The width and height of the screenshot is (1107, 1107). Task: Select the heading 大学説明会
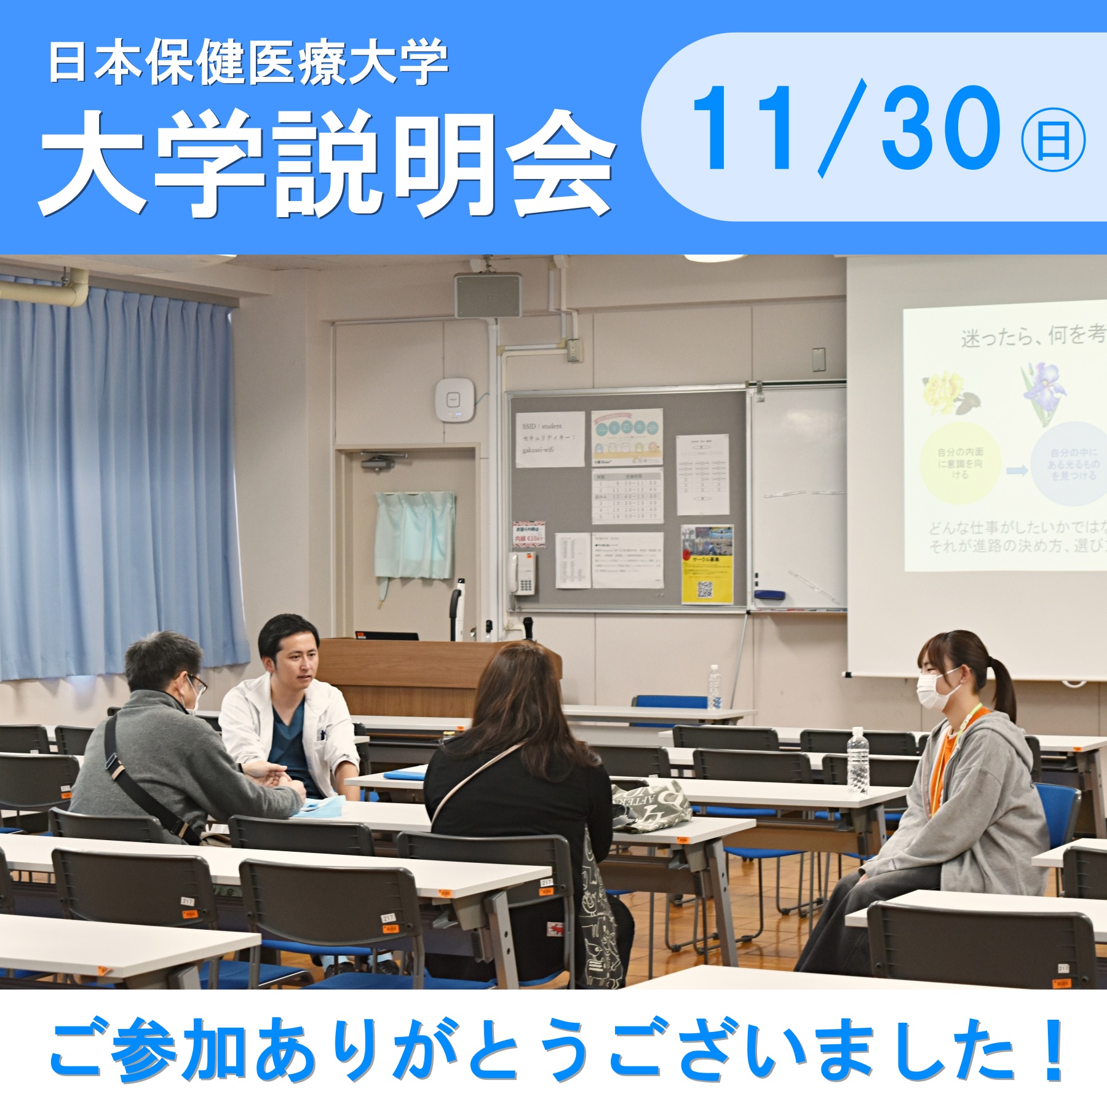pos(326,165)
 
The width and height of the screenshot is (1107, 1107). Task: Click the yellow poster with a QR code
pos(707,564)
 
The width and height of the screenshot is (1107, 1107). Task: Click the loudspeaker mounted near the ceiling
pos(488,295)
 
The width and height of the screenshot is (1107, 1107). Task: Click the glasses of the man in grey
pos(198,684)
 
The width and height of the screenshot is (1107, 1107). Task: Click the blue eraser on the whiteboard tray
pos(769,595)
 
